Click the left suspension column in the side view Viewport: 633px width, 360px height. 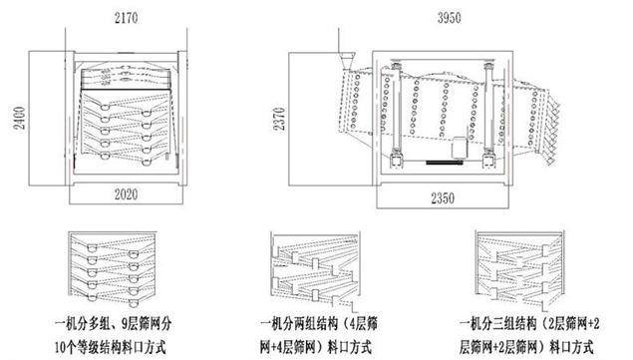pyautogui.click(x=399, y=110)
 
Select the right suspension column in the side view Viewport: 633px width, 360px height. pyautogui.click(x=490, y=110)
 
